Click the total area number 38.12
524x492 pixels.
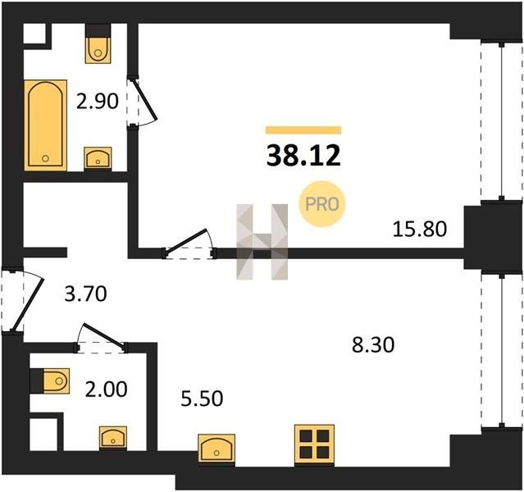(x=303, y=156)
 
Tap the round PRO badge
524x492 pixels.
(x=322, y=204)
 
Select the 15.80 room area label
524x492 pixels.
(x=419, y=230)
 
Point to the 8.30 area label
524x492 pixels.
(x=373, y=344)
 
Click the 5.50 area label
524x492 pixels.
(x=202, y=399)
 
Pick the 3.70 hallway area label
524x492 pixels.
(x=85, y=294)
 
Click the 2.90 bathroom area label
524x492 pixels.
(x=98, y=102)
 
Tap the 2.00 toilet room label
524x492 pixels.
(x=107, y=389)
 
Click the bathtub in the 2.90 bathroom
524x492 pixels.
(x=45, y=125)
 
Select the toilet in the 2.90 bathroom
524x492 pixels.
(x=98, y=43)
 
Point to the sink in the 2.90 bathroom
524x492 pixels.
(x=98, y=158)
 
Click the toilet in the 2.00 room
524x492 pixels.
(x=50, y=380)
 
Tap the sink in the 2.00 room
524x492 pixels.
(x=113, y=438)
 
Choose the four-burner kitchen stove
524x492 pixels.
(x=314, y=445)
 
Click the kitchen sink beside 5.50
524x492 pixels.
(x=216, y=449)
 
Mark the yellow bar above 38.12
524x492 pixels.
(x=303, y=130)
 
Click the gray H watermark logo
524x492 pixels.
(x=262, y=242)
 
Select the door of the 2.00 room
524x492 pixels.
(x=102, y=338)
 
